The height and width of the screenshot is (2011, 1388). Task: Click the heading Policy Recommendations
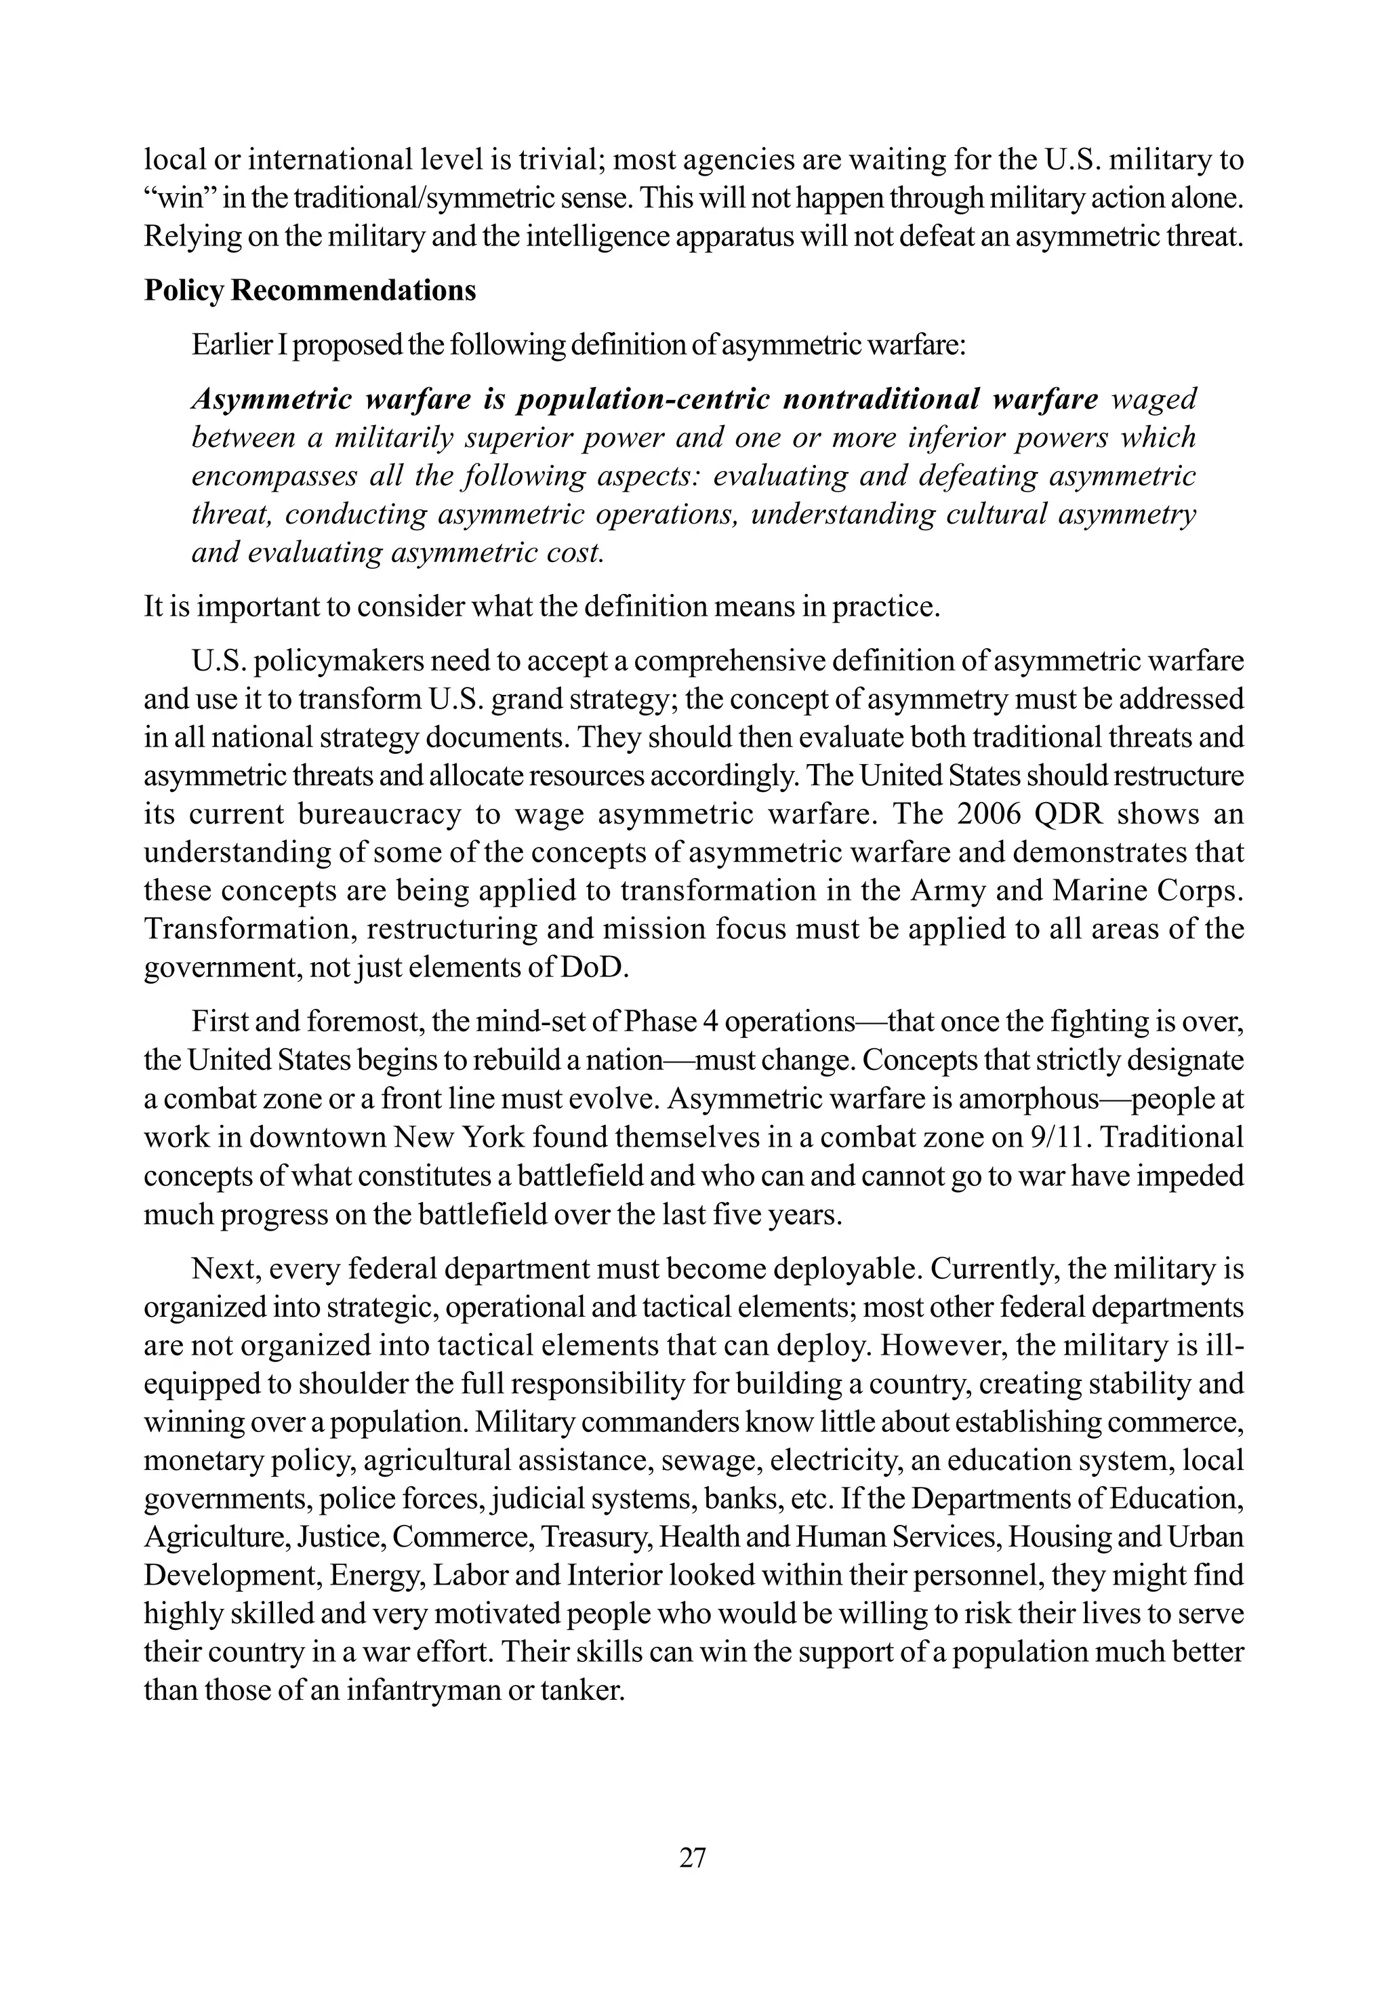coord(310,290)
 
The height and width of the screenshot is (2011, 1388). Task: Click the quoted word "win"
coord(178,198)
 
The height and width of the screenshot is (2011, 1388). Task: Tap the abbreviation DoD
coord(598,968)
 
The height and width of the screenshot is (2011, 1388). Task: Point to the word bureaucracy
coord(375,814)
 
